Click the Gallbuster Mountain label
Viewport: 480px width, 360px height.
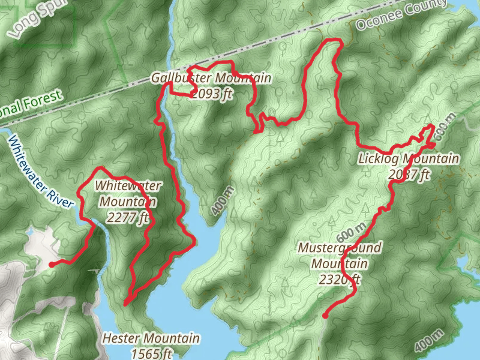coord(211,79)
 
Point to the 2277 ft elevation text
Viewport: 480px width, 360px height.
coord(127,218)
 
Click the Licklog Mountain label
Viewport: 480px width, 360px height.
coord(408,159)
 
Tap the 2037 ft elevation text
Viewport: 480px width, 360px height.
coord(409,175)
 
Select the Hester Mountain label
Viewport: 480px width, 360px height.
coord(151,339)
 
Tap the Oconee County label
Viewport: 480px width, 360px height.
coord(392,16)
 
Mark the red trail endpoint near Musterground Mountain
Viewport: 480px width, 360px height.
coord(325,316)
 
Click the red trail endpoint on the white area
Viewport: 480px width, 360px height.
coord(51,264)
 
